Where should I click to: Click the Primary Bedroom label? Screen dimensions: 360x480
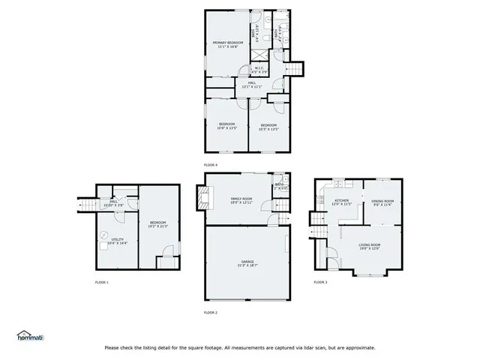tap(227, 45)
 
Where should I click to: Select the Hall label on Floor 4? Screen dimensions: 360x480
tap(252, 85)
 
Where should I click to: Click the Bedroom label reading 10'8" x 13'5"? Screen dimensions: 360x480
tap(226, 126)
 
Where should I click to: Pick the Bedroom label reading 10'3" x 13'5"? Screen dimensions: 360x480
tap(268, 126)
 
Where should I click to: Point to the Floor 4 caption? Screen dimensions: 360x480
tap(211, 163)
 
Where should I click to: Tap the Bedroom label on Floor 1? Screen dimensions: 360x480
tap(157, 224)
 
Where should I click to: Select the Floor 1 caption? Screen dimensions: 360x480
tap(101, 282)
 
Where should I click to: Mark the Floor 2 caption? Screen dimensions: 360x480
tap(211, 311)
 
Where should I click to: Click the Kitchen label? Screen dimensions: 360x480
tap(342, 202)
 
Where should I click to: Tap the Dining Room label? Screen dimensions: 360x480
tap(382, 202)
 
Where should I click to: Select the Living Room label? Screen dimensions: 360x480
tap(369, 247)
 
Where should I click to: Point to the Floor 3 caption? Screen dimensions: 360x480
tap(320, 282)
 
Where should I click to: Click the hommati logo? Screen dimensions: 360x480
tap(30, 335)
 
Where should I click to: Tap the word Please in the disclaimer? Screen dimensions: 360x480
tap(112, 347)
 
